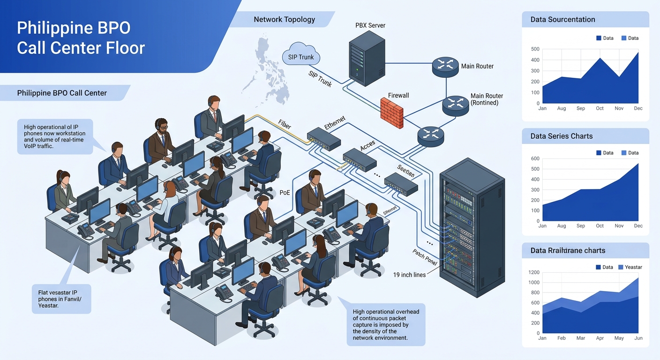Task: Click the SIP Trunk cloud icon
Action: point(301,55)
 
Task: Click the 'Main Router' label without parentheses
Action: point(477,66)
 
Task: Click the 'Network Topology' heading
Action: point(284,20)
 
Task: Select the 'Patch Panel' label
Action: point(425,257)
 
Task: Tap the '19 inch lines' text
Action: point(409,275)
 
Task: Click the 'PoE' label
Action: point(285,192)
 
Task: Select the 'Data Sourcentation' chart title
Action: point(562,20)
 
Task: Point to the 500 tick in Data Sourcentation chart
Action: point(535,49)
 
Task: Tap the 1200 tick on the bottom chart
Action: point(534,272)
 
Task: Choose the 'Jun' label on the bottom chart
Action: point(638,338)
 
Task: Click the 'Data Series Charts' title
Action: point(562,136)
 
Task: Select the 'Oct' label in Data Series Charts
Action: point(600,225)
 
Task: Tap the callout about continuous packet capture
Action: point(386,324)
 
